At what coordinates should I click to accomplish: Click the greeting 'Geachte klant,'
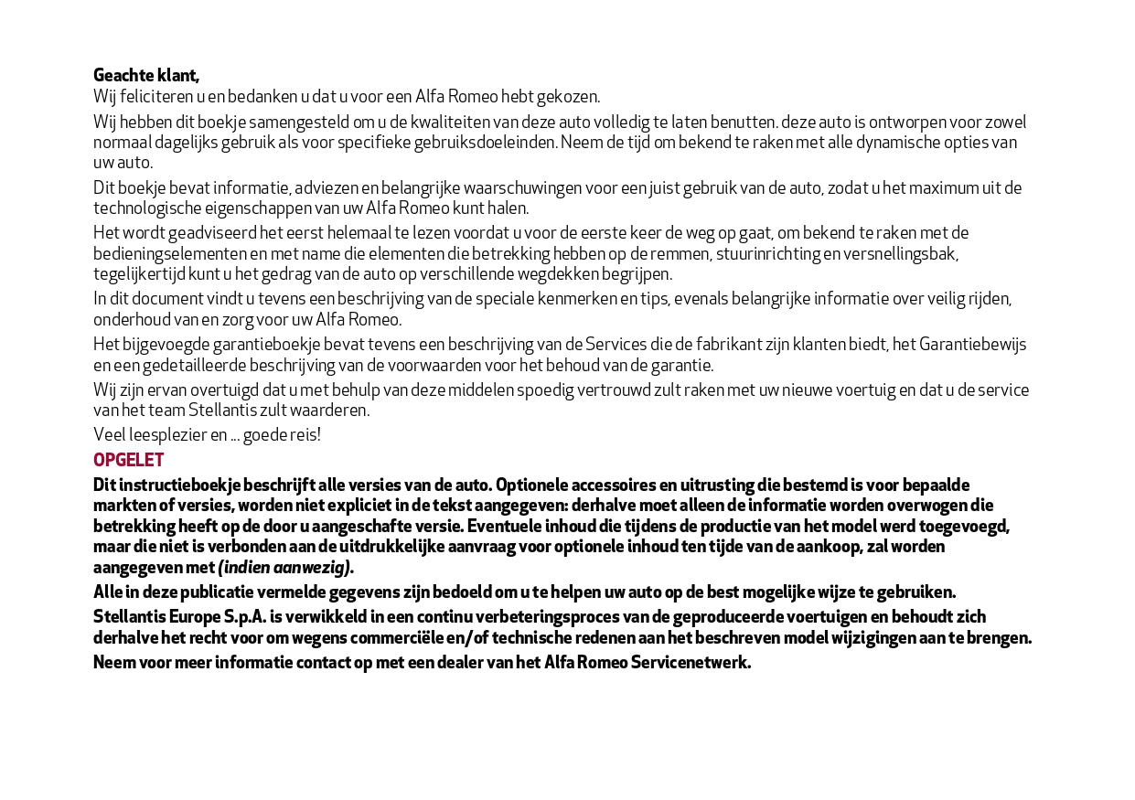click(x=146, y=75)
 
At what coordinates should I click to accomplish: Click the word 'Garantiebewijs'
click(x=972, y=345)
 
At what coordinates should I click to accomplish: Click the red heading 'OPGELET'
click(x=128, y=460)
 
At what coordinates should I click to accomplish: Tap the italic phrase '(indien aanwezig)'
click(x=284, y=568)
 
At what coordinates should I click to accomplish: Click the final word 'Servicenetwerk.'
click(x=691, y=663)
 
